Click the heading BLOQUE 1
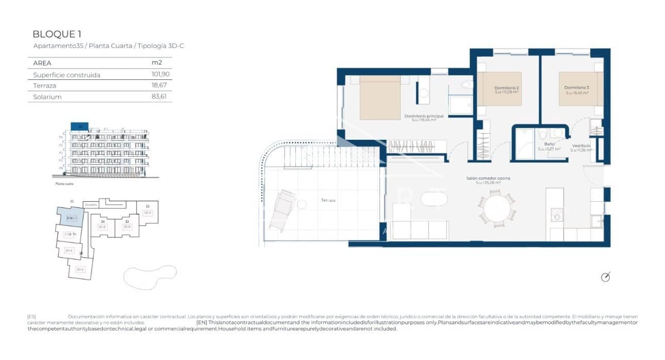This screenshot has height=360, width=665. click(57, 35)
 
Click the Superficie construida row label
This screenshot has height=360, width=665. click(66, 75)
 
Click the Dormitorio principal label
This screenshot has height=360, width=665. click(424, 116)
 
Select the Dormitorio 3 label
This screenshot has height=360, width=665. click(576, 88)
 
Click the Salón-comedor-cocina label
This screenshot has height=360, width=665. click(484, 178)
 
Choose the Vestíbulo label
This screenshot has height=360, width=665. click(581, 146)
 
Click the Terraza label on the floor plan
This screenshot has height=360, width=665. click(328, 200)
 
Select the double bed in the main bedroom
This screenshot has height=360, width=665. click(380, 97)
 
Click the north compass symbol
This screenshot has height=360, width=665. click(606, 277)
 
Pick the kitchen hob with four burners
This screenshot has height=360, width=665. click(556, 215)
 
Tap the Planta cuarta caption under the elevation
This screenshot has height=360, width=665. click(64, 184)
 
